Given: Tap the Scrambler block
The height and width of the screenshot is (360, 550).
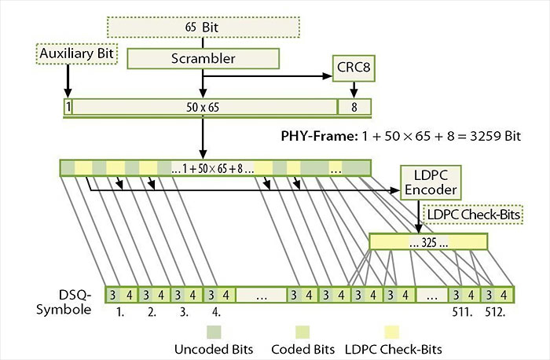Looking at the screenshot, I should [x=203, y=58].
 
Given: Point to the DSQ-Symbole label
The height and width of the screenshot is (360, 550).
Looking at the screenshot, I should [x=69, y=301].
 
